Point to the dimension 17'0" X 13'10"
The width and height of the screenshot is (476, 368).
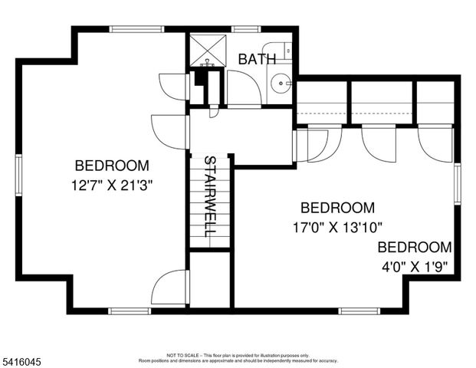(337, 226)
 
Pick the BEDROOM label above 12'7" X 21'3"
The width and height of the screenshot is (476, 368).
(112, 166)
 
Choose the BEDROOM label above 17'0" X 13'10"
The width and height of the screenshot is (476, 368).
(337, 208)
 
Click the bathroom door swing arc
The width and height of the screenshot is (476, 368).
(245, 87)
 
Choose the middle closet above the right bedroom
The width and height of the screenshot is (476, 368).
(382, 100)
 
